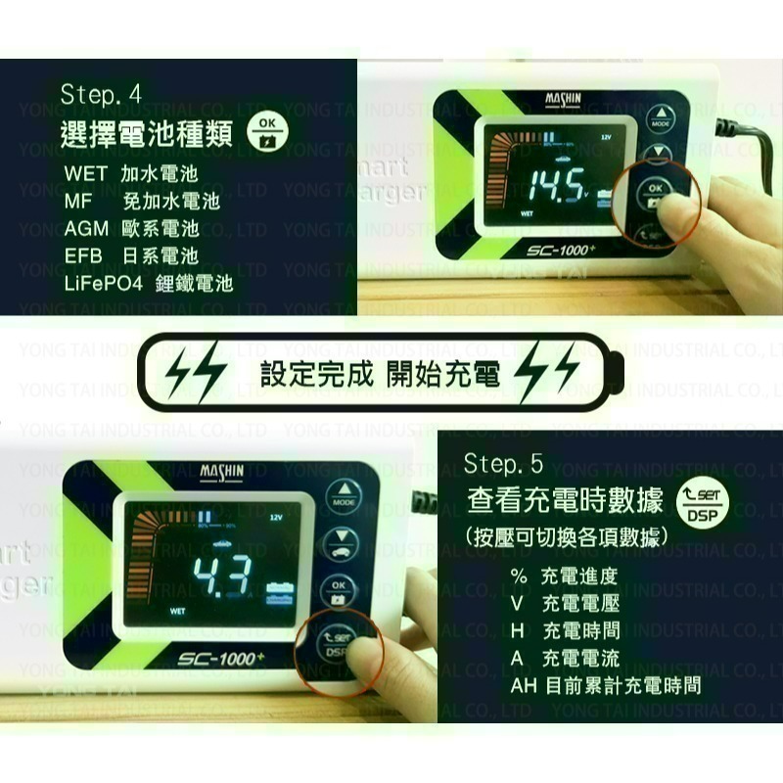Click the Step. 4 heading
click(101, 95)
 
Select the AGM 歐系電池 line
click(131, 229)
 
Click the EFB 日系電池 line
click(131, 256)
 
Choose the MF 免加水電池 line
click(142, 202)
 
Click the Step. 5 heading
click(503, 463)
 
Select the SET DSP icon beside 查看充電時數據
click(698, 505)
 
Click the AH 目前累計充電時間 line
click(605, 685)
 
